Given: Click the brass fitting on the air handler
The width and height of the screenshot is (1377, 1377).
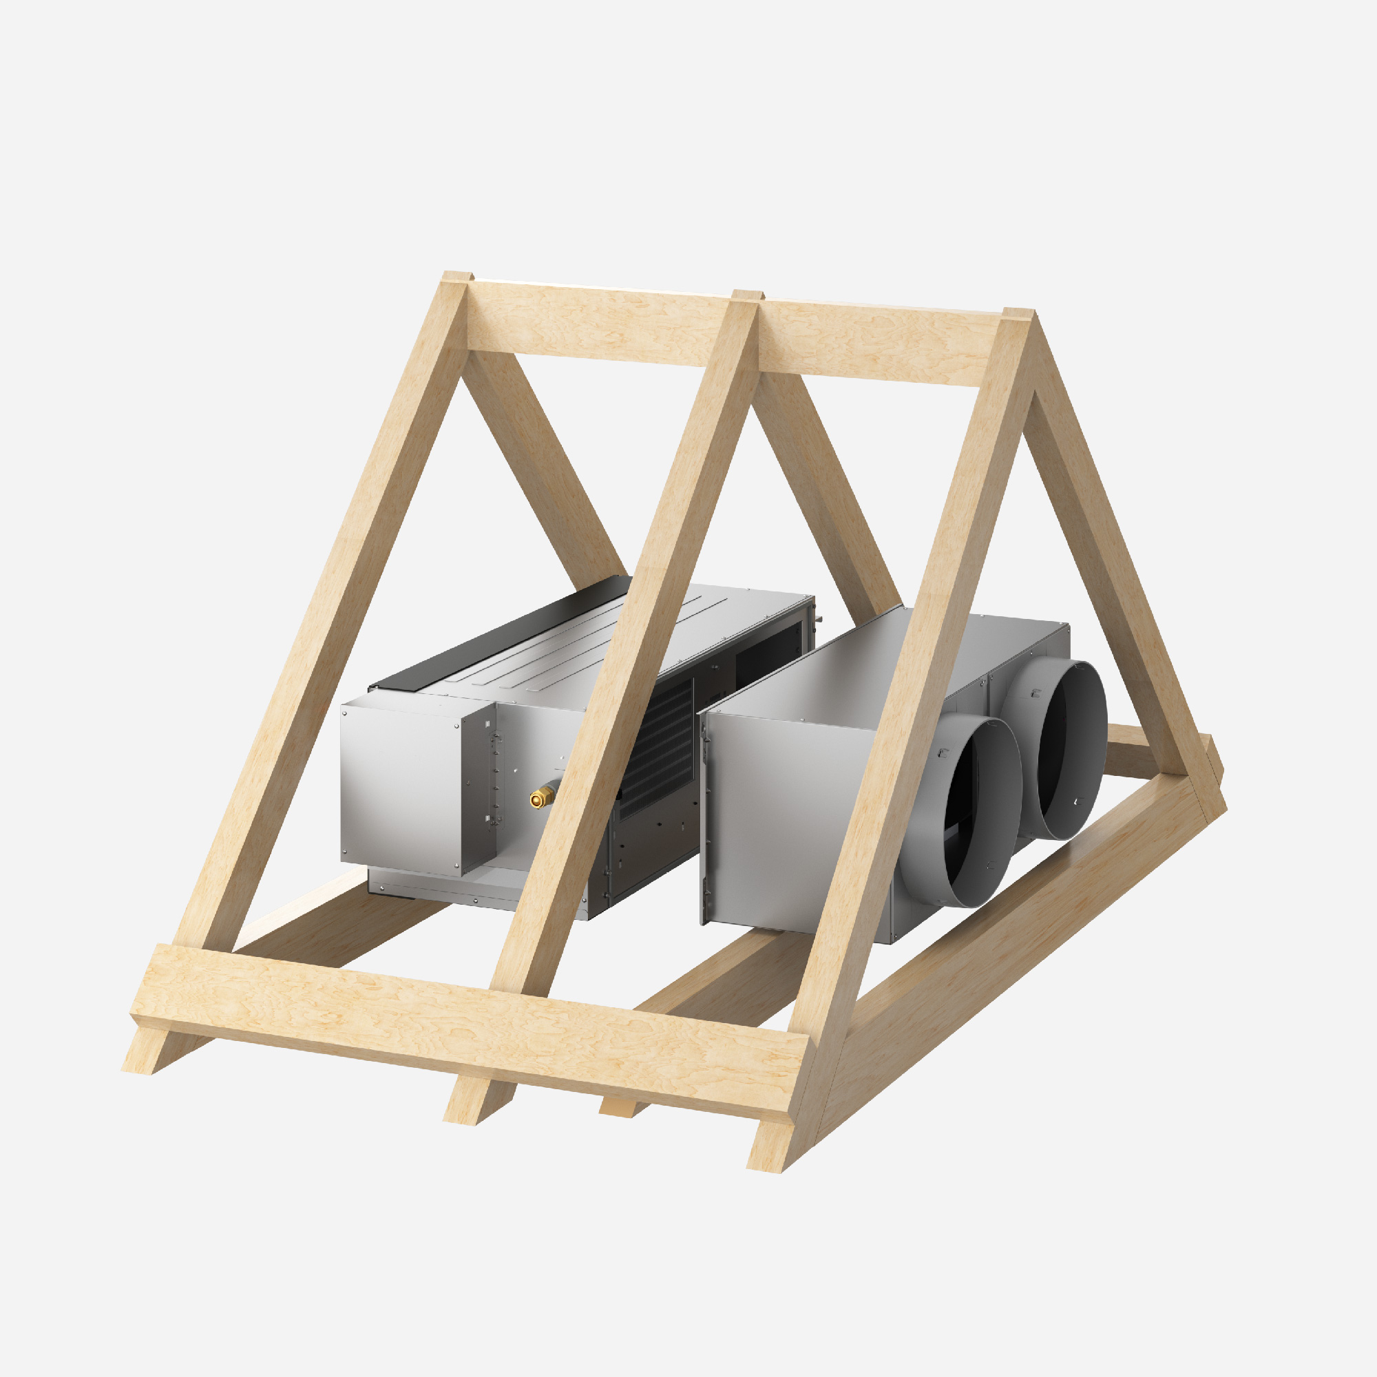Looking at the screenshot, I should (x=545, y=797).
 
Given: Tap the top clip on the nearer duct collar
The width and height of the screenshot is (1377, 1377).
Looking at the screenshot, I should (x=944, y=752).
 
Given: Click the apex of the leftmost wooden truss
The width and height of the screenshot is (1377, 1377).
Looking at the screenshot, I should (x=456, y=278).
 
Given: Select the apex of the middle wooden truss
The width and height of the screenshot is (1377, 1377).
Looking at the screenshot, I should (x=747, y=297).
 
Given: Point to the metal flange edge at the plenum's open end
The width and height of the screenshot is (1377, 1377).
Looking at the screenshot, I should (x=704, y=819).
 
